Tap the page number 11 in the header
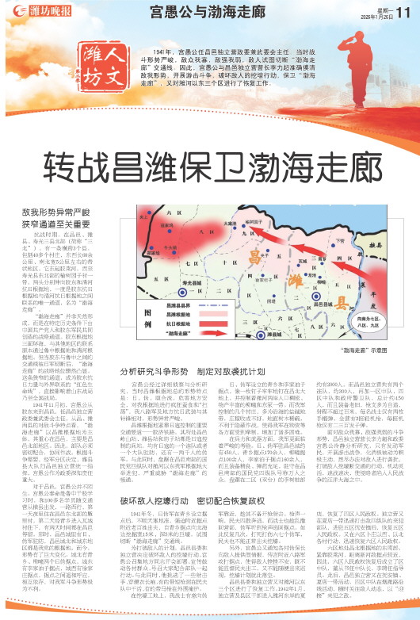pos(405,10)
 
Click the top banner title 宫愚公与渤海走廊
pos(196,11)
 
